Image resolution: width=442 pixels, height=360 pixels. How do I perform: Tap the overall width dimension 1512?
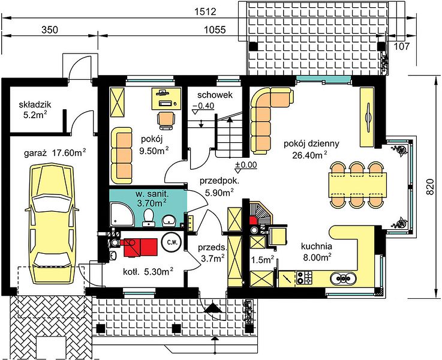coord(205,12)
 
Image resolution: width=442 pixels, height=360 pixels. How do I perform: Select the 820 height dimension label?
coord(429,187)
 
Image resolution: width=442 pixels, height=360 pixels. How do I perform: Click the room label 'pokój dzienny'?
coord(311,144)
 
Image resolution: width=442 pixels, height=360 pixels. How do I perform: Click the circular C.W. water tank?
coord(172,242)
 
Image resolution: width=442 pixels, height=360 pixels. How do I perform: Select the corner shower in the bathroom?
coord(122,214)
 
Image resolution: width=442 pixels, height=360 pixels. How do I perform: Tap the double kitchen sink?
coord(343,278)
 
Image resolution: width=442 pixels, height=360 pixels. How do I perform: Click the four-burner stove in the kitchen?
coord(305,277)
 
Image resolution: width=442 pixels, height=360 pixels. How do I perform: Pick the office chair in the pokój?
coord(166,120)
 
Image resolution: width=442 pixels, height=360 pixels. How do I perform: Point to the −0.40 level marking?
coord(203,106)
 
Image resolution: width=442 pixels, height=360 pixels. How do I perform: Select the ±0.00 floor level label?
coord(246,164)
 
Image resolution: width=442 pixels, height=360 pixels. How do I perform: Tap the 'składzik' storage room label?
coord(35,104)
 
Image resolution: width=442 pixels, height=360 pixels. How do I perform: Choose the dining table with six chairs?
coord(357,185)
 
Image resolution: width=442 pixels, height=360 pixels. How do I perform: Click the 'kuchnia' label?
coord(317,247)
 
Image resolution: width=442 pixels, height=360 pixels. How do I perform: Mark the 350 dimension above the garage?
coord(50,29)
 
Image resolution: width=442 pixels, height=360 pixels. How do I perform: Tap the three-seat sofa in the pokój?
coord(122,155)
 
